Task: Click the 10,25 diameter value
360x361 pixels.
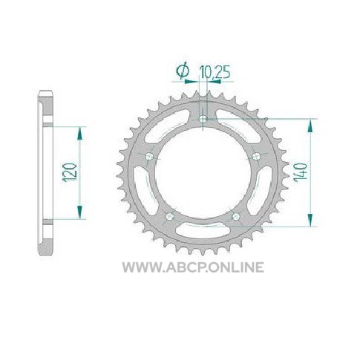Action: [x=215, y=72]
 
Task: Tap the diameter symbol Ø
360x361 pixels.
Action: [x=183, y=71]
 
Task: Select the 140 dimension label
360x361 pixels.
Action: [x=300, y=172]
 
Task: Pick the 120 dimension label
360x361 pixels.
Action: [x=70, y=172]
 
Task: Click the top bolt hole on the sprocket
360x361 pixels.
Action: [x=203, y=119]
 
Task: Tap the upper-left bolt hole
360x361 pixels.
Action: [x=149, y=156]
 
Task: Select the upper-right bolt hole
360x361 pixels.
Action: [x=256, y=156]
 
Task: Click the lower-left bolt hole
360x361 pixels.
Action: [x=169, y=216]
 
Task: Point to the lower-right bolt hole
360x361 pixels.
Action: [x=236, y=216]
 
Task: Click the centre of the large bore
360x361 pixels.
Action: [x=203, y=174]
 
